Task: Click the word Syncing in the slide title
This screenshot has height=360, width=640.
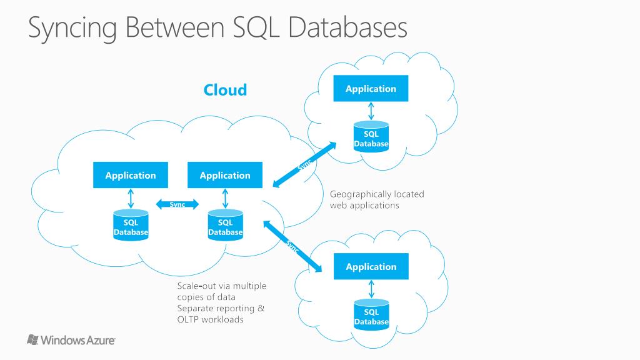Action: click(x=72, y=29)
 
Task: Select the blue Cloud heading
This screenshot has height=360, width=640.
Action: click(x=225, y=90)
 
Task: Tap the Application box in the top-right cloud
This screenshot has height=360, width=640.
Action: click(x=371, y=88)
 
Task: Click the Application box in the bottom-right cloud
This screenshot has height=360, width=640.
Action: click(x=371, y=266)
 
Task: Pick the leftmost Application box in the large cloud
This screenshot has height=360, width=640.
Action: click(x=131, y=175)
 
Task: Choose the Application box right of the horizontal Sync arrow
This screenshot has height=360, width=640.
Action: click(x=225, y=175)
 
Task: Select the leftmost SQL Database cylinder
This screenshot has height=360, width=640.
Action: click(x=131, y=226)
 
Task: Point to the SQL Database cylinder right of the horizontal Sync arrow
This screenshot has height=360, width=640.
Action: click(x=225, y=226)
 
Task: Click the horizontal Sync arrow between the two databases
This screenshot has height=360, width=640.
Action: click(x=177, y=204)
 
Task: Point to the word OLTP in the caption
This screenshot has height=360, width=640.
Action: click(x=189, y=320)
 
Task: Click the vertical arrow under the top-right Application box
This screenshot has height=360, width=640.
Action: click(x=371, y=111)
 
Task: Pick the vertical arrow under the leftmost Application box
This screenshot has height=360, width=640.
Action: click(x=131, y=198)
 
